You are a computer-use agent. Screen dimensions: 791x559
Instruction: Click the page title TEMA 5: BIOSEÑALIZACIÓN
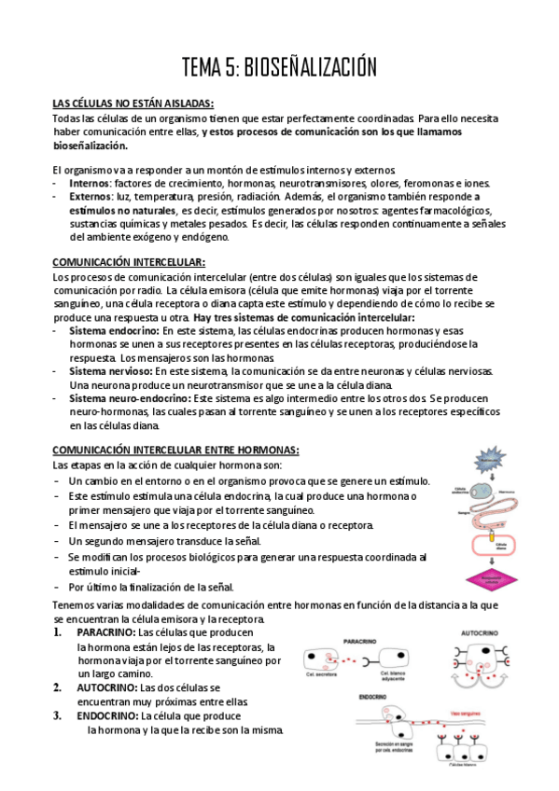click(x=279, y=67)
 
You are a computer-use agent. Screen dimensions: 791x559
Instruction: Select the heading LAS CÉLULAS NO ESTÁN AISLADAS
click(x=133, y=103)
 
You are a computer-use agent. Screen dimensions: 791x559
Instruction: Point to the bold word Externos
click(x=91, y=197)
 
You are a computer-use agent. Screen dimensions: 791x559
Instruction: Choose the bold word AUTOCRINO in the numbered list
click(x=107, y=687)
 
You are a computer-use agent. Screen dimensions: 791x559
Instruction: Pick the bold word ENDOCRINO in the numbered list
click(x=107, y=715)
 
